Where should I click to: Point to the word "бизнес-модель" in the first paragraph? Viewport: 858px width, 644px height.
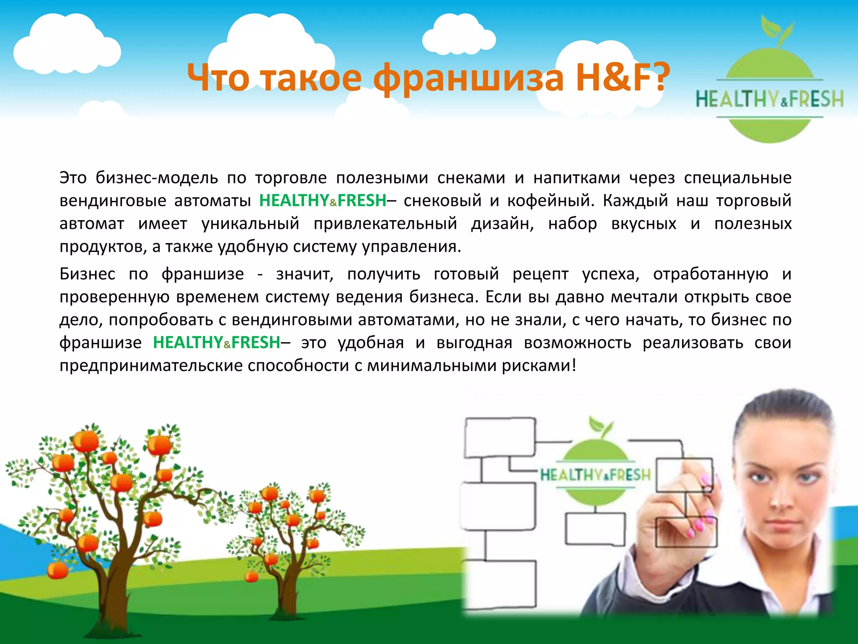point(157,178)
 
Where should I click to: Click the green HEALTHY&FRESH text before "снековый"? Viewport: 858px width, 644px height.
point(323,200)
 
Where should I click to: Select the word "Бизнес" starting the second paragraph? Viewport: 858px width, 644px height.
point(87,274)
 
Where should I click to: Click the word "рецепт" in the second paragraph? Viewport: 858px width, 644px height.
point(540,275)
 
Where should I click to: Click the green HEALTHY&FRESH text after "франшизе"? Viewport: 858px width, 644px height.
point(216,343)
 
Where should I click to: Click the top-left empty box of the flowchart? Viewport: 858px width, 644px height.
point(500,437)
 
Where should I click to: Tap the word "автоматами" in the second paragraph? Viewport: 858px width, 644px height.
point(406,320)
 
